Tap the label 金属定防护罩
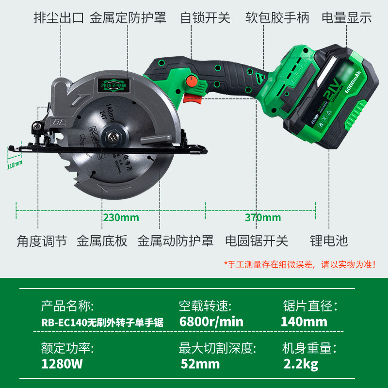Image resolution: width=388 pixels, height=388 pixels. pyautogui.click(x=128, y=18)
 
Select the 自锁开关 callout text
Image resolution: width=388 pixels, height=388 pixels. pyautogui.click(x=205, y=18)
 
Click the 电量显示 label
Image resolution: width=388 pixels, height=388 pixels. pyautogui.click(x=347, y=18)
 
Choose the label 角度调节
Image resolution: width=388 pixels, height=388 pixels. pyautogui.click(x=42, y=241)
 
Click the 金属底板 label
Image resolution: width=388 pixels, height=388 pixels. pyautogui.click(x=102, y=241)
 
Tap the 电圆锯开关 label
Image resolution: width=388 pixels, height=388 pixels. pyautogui.click(x=257, y=241)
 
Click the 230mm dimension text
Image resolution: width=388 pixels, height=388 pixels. pyautogui.click(x=121, y=217)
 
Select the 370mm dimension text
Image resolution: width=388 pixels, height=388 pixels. pyautogui.click(x=263, y=217)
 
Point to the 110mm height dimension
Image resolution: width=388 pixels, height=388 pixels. pyautogui.click(x=15, y=163)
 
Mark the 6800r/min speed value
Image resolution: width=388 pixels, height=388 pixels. pyautogui.click(x=211, y=322)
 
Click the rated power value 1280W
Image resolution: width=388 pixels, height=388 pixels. pyautogui.click(x=60, y=364)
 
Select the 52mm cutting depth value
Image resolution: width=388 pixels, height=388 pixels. pyautogui.click(x=200, y=364)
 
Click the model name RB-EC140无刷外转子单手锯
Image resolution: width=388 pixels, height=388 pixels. pyautogui.click(x=102, y=323)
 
